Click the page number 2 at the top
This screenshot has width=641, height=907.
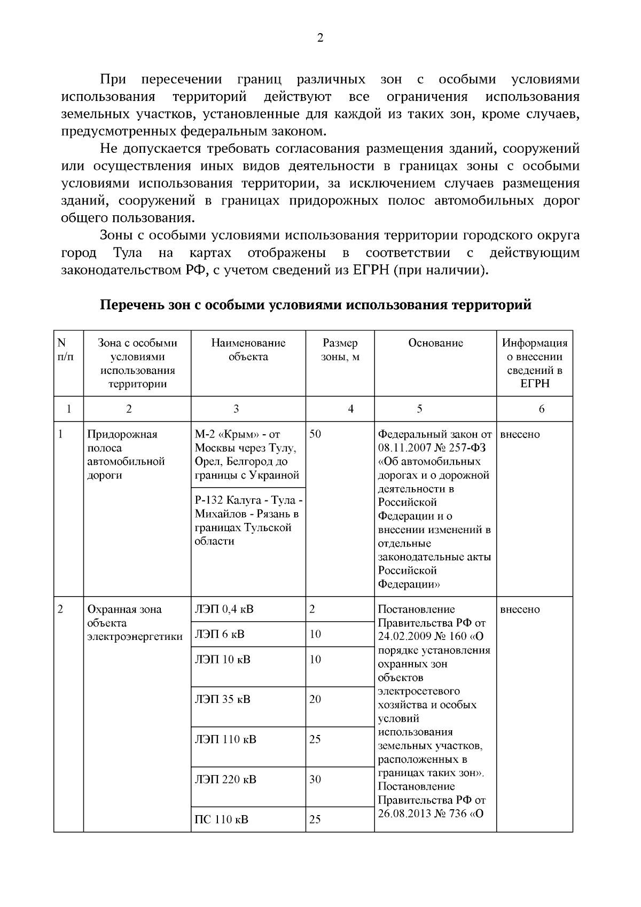[320, 38]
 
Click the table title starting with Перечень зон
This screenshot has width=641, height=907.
[316, 305]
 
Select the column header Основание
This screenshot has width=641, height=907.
[435, 343]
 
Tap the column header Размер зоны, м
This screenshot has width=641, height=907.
[340, 350]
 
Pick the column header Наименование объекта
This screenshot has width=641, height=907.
[248, 350]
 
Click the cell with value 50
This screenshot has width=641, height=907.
[315, 434]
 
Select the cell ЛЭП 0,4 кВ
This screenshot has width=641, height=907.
[224, 609]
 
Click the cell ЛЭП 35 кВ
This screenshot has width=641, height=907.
[223, 699]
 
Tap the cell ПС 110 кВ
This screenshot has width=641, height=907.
[221, 819]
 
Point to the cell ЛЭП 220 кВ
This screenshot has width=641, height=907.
[225, 779]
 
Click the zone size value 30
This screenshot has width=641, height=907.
[315, 779]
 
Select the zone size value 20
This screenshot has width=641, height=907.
[315, 699]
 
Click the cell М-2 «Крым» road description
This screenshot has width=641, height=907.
[247, 455]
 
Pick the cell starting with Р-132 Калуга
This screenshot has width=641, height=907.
[248, 521]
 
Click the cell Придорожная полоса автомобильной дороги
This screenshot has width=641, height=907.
[126, 455]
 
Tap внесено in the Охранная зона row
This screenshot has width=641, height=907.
[520, 609]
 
